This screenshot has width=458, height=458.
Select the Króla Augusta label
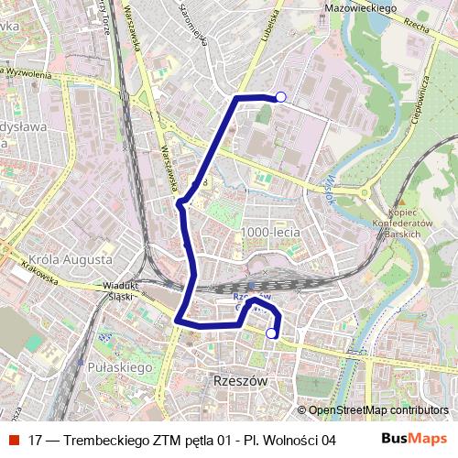(70, 259)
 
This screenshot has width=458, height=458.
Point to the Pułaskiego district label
(121, 366)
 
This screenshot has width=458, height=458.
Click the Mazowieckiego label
(360, 8)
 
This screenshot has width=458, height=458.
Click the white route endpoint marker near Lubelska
(281, 97)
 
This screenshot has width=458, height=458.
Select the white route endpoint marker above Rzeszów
(271, 334)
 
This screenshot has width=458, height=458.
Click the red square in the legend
(15, 439)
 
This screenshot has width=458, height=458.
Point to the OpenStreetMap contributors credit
(378, 410)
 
